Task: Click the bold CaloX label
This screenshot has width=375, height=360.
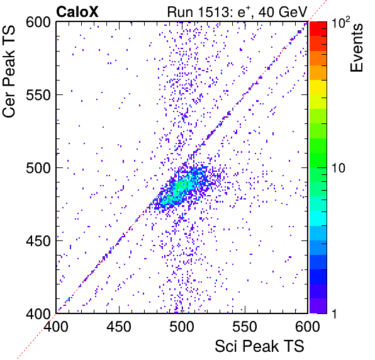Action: [77, 11]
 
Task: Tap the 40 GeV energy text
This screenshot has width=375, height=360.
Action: [283, 12]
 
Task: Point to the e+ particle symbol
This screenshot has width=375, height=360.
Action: [243, 12]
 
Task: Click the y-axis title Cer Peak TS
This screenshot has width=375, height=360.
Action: [9, 72]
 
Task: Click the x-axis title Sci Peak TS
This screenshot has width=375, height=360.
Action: [259, 346]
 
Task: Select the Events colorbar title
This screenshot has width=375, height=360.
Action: [356, 48]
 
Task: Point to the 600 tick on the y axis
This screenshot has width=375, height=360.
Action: [38, 23]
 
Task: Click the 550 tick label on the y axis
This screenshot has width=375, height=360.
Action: [38, 95]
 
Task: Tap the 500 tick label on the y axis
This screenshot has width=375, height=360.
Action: [38, 168]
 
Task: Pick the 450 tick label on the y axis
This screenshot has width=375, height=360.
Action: [38, 241]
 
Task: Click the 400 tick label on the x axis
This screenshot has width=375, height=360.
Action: [56, 326]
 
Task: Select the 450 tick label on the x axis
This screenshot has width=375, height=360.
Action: [119, 326]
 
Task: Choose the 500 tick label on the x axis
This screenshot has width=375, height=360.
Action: [182, 326]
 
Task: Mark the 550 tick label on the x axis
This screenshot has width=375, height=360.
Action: [245, 326]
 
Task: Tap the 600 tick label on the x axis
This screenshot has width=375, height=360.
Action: [308, 326]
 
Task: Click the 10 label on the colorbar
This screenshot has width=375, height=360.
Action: [339, 168]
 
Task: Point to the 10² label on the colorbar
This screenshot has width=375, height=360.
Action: [341, 23]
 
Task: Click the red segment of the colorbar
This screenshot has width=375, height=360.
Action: [318, 29]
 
